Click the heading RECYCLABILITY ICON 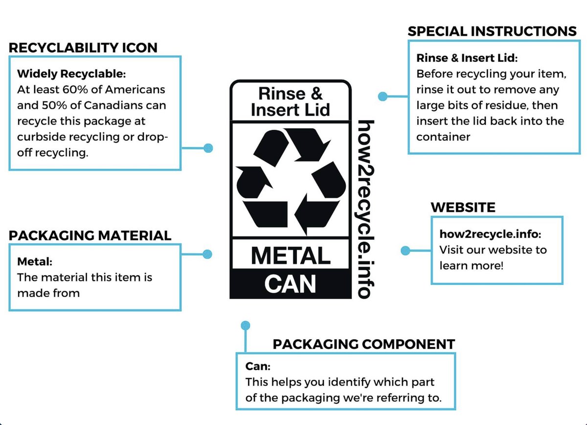tap(83, 47)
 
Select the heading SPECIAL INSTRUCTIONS tap(492, 31)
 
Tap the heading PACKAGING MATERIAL tap(90, 235)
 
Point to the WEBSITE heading tap(463, 207)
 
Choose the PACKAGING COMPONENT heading tap(363, 344)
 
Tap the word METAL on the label tap(291, 256)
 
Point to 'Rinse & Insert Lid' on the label tap(291, 101)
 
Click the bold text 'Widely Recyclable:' tap(71, 74)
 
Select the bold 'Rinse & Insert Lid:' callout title tap(467, 58)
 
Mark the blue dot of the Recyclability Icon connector tap(208, 147)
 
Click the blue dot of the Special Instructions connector tap(383, 96)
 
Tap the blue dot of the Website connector tap(405, 251)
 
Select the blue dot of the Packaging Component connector tap(246, 325)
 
